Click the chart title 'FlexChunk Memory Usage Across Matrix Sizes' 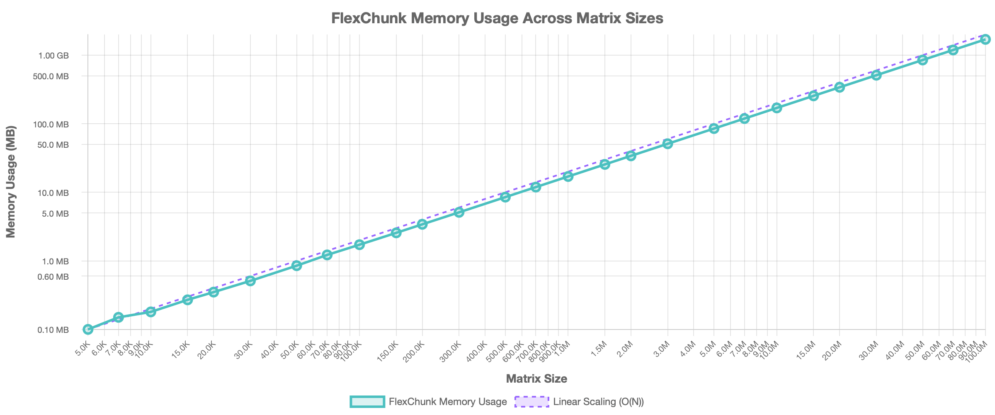click(x=498, y=18)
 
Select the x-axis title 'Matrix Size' click(x=536, y=378)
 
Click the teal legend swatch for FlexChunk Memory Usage click(x=367, y=402)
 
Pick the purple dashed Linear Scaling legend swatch click(x=532, y=402)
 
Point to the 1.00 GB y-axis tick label click(x=54, y=56)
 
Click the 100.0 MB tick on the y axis click(x=54, y=124)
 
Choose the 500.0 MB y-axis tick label click(x=54, y=76)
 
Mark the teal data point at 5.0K click(x=88, y=330)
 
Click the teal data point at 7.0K click(x=119, y=317)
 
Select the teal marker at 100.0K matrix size click(x=359, y=245)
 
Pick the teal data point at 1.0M click(x=568, y=176)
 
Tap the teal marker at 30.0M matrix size click(x=876, y=75)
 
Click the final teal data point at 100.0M click(x=985, y=39)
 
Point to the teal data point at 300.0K click(x=459, y=212)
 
